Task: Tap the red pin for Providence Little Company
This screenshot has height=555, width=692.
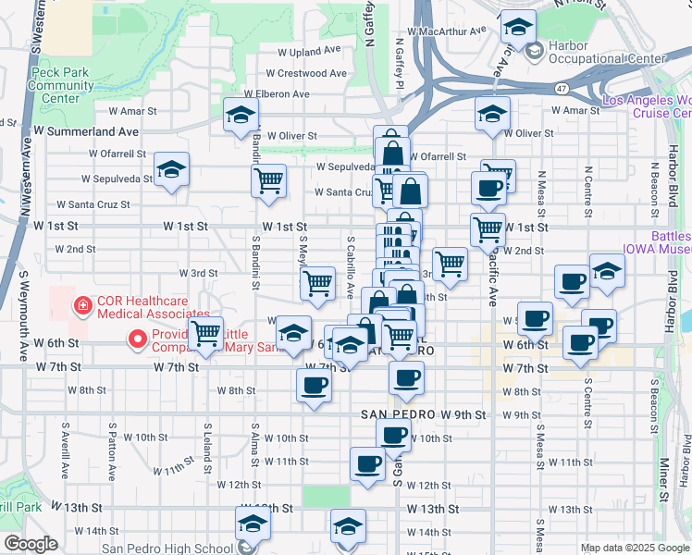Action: pos(138,339)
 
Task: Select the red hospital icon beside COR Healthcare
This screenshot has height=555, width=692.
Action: pos(82,302)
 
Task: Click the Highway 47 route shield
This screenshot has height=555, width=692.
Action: pos(563,89)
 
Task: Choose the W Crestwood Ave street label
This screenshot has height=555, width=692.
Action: pos(305,73)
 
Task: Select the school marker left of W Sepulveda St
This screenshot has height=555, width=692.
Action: pos(171,170)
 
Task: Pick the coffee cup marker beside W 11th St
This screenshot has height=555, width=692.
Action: pos(368,463)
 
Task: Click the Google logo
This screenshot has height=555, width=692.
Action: pos(31,544)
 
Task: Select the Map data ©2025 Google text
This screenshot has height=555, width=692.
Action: pos(635,548)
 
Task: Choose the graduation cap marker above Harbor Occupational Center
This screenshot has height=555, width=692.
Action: pos(518,27)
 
